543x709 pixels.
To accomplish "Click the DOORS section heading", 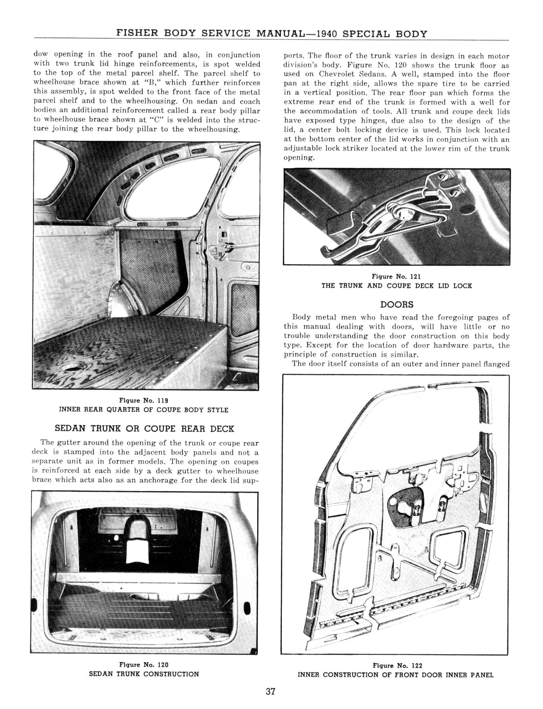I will [x=397, y=304].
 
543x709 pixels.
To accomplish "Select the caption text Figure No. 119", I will [x=144, y=401].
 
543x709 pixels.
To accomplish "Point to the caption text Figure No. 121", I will [x=396, y=276].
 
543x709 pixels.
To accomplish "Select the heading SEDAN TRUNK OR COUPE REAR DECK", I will [x=144, y=429].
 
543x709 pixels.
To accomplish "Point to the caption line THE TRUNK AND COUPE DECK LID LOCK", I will [x=397, y=286].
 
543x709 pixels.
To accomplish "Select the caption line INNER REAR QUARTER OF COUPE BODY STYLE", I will [x=144, y=410].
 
